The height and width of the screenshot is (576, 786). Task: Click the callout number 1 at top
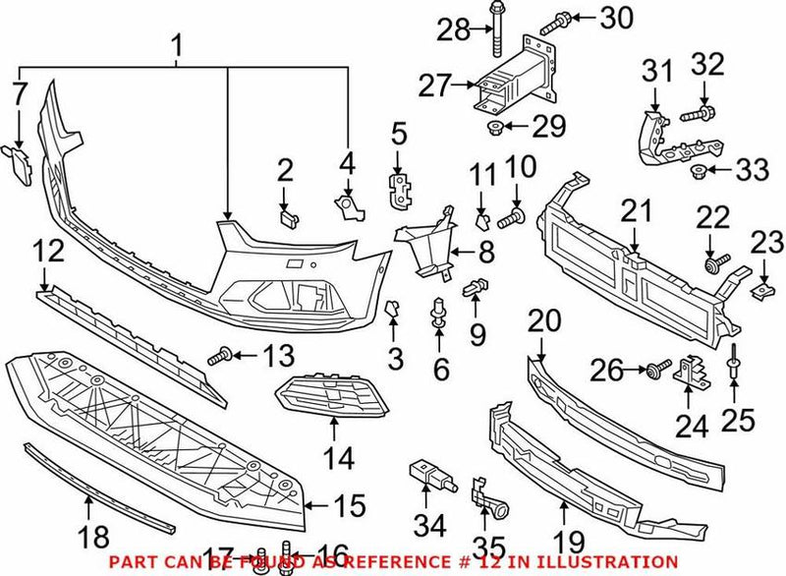coord(178,44)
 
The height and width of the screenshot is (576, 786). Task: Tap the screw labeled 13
coord(221,353)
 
